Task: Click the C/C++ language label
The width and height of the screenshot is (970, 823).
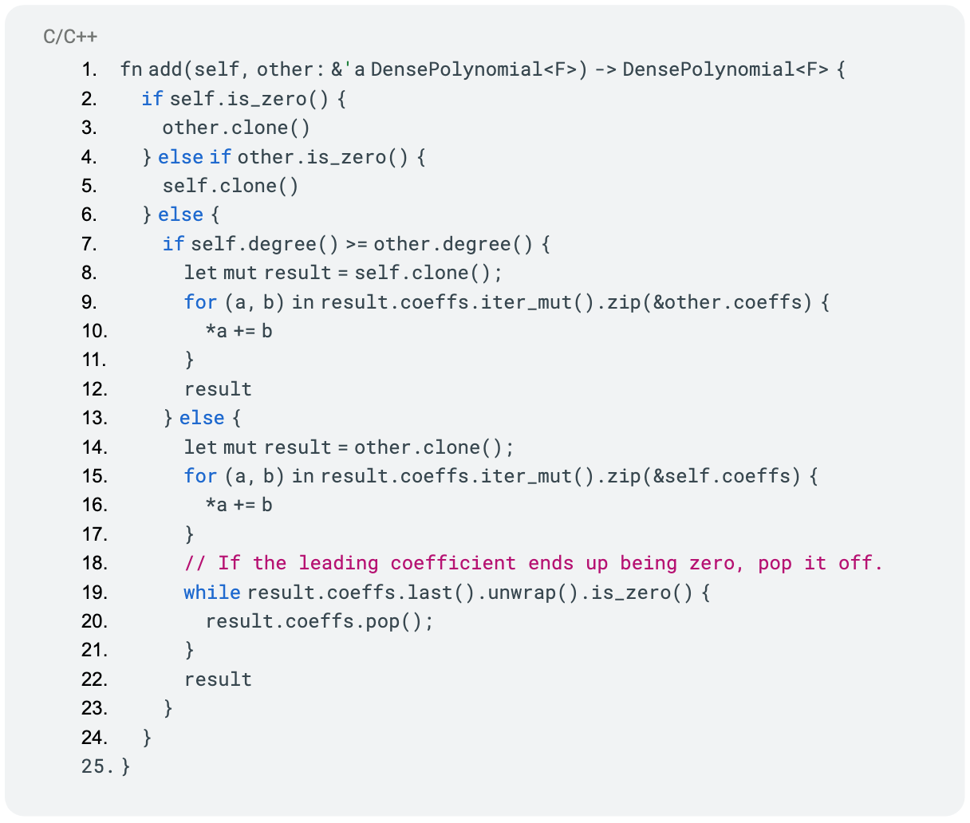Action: coord(70,37)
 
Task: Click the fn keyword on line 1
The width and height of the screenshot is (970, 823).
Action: coord(131,69)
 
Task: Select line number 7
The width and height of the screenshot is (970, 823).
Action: coord(89,244)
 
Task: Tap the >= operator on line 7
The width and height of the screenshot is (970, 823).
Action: coord(357,245)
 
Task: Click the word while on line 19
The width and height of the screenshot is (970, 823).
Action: coord(212,593)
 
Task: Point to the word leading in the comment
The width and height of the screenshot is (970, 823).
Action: coord(338,563)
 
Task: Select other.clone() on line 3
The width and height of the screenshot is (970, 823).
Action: coord(236,128)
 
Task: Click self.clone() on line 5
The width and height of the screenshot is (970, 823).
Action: coord(231,186)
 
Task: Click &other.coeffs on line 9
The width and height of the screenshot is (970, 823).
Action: coord(732,302)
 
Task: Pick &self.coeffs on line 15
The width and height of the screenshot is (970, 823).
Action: coord(727,476)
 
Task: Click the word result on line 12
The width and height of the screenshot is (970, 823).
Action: coord(219,389)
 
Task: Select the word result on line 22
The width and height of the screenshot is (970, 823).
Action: coord(219,679)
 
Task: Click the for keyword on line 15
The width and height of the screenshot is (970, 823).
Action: coord(200,476)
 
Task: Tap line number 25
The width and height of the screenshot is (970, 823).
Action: coord(97,766)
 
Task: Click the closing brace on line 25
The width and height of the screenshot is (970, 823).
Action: coord(126,766)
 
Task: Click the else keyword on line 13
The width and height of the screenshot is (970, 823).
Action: coord(203,418)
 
